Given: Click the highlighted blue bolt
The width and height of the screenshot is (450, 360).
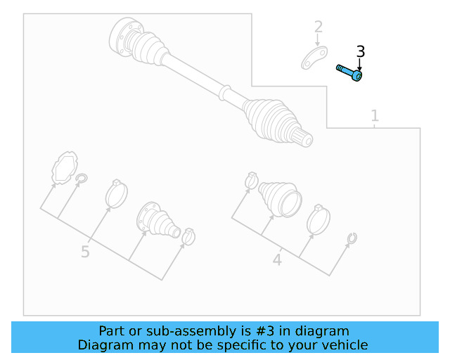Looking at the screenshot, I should (349, 72).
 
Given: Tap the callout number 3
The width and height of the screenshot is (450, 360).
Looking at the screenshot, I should (360, 51).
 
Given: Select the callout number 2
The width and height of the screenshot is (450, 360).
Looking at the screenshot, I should (319, 27).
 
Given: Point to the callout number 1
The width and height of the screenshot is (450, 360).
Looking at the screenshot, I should (375, 115).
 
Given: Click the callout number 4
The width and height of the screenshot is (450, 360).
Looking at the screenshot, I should (277, 260).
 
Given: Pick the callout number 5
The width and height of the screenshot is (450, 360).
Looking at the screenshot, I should (85, 252).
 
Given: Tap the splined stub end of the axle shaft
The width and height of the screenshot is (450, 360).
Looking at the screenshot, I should (304, 138).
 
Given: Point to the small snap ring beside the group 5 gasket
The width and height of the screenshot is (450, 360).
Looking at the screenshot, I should (82, 179).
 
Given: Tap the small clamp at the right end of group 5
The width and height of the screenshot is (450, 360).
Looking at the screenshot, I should (188, 236).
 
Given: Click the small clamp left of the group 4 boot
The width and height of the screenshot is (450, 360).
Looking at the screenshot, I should (251, 181).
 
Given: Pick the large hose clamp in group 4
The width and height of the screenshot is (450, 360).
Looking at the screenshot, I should (319, 219).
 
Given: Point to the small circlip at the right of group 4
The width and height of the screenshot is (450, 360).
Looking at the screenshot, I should (352, 239).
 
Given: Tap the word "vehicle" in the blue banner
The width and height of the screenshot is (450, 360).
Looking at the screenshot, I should (344, 345).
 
